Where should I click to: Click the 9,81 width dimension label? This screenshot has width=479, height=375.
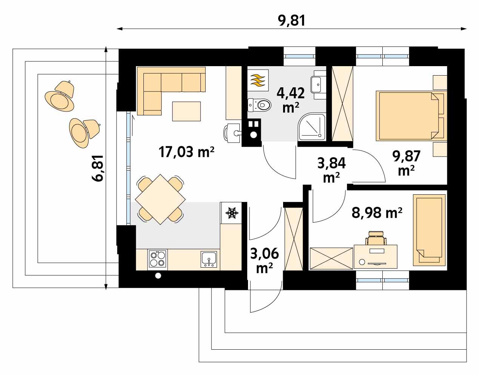pyautogui.click(x=291, y=20)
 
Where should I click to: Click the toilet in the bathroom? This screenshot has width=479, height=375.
pyautogui.click(x=260, y=104)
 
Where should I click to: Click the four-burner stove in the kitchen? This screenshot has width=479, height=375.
pyautogui.click(x=158, y=259)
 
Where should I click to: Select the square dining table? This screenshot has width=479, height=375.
pyautogui.click(x=161, y=199)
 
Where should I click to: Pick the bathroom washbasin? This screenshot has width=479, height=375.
pyautogui.click(x=317, y=84)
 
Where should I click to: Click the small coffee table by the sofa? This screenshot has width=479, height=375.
pyautogui.click(x=186, y=111)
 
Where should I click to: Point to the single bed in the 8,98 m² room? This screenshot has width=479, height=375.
pyautogui.click(x=429, y=230)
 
